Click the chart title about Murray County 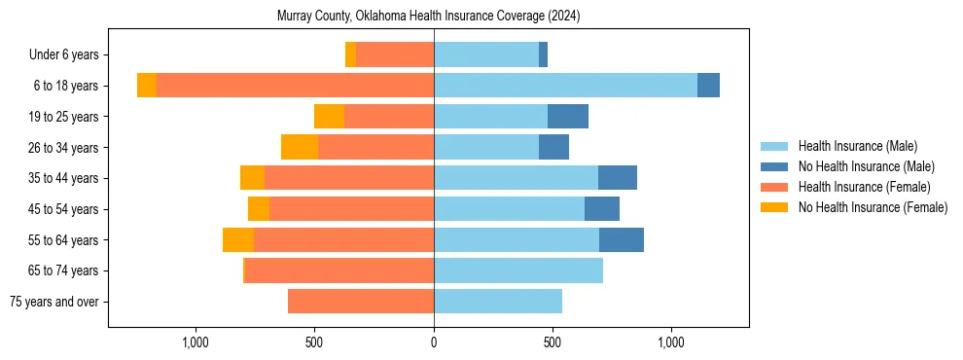(428, 17)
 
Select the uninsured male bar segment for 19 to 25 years (568, 117)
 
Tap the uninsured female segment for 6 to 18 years (147, 86)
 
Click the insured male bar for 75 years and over (498, 302)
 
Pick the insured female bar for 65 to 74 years (339, 270)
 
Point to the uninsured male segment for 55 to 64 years (622, 240)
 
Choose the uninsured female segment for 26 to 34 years (300, 147)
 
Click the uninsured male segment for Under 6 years (543, 54)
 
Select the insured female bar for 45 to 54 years (351, 209)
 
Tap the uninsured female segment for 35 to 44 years (252, 178)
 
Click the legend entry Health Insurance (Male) (857, 146)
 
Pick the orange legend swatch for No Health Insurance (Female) (775, 207)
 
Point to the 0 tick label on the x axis (434, 342)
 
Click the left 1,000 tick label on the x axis (196, 342)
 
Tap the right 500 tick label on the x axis (553, 342)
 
